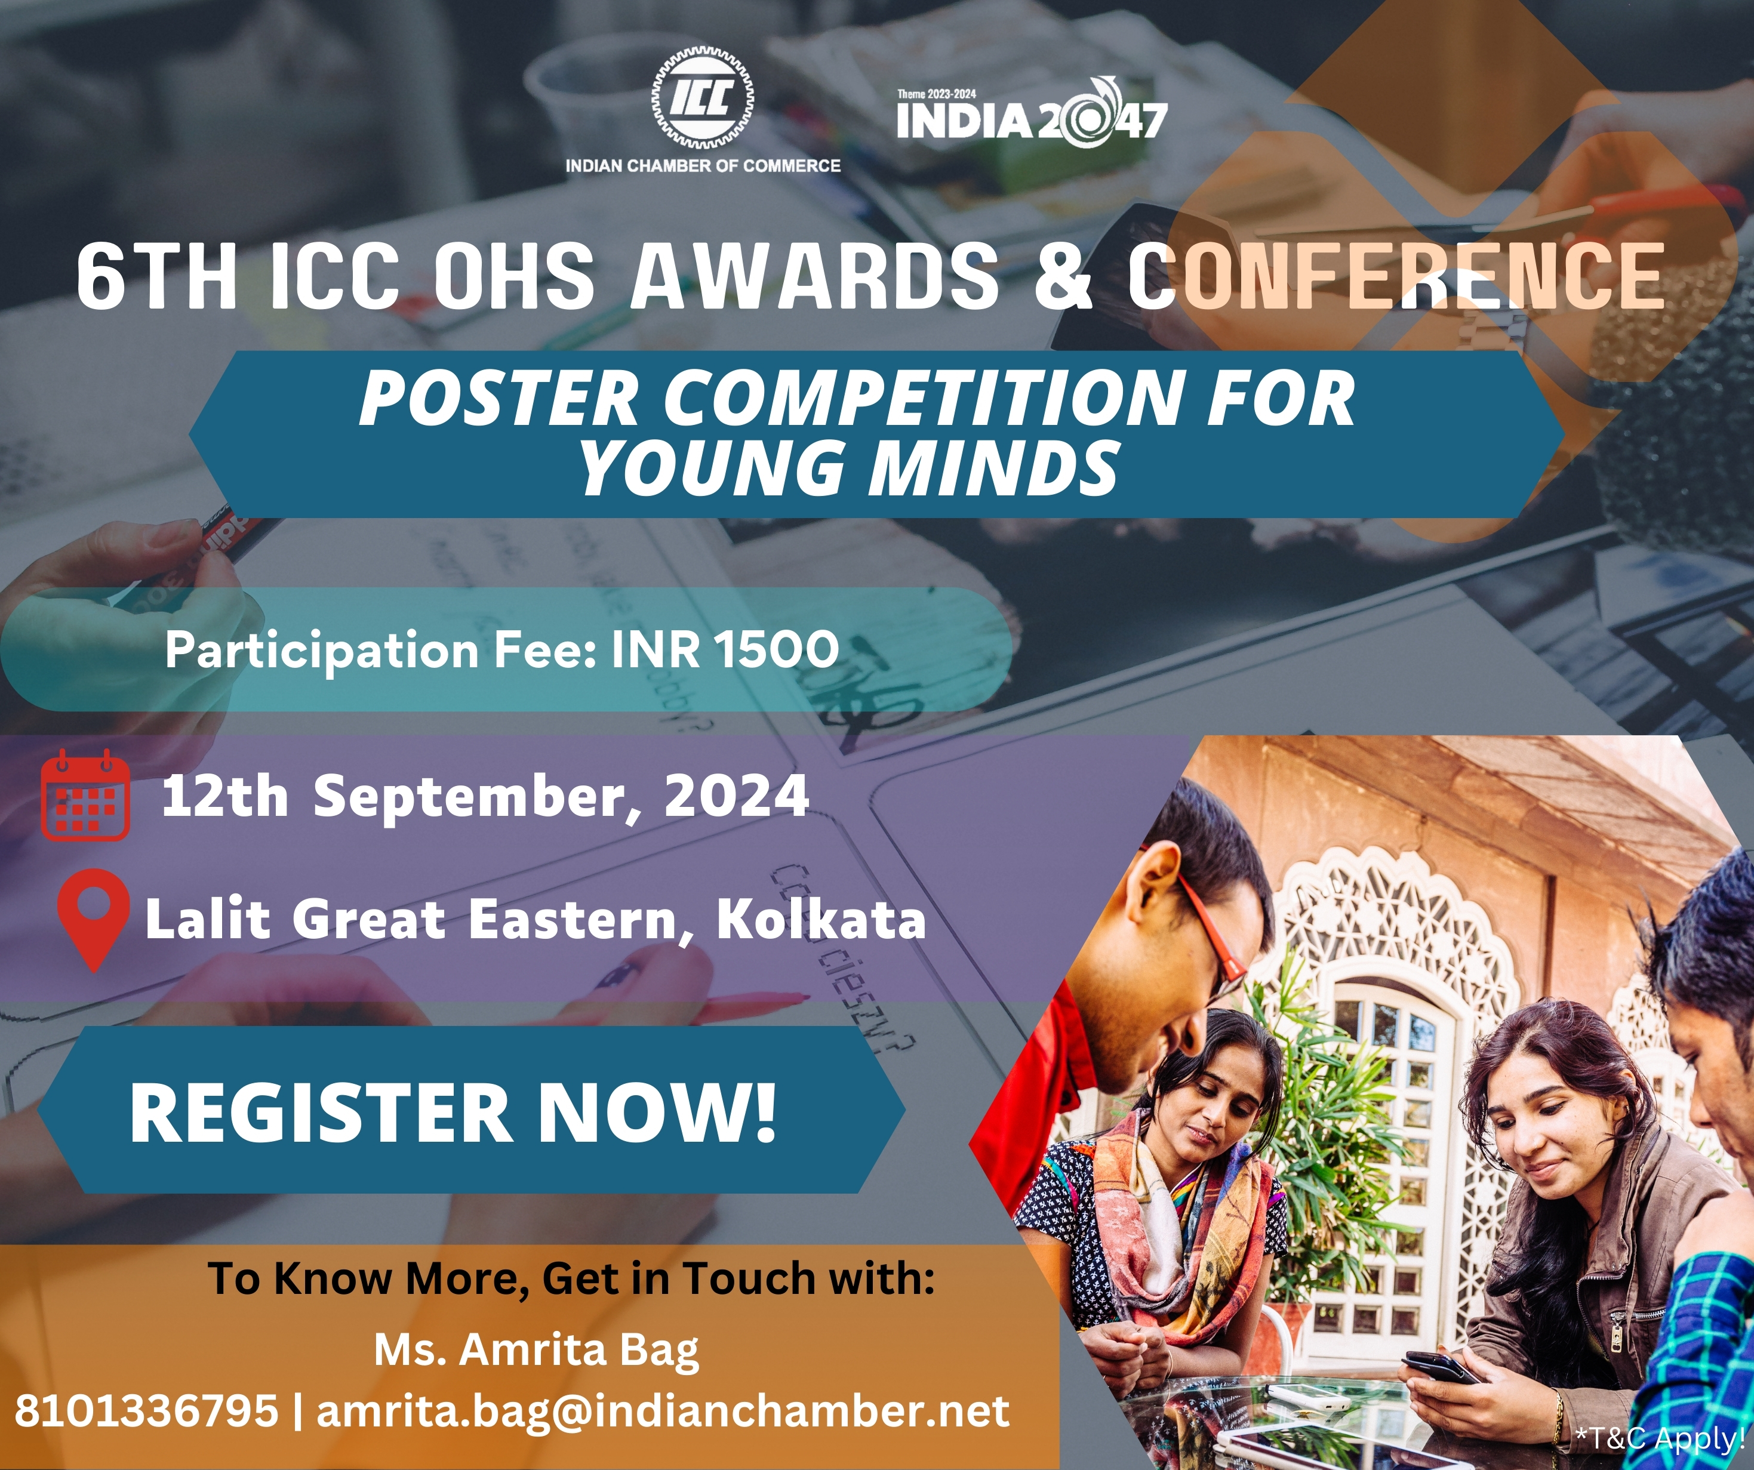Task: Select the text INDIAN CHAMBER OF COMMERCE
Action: point(703,165)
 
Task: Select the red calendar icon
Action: point(85,794)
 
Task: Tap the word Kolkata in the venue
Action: point(821,919)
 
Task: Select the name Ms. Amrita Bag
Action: point(536,1351)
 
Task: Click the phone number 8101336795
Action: point(146,1411)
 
